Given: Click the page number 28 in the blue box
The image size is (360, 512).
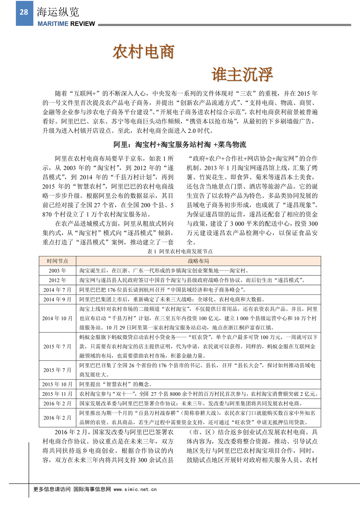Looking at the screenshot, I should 24,12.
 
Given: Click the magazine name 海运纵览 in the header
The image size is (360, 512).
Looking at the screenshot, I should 58,12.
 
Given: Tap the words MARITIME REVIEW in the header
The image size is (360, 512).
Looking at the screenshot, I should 66,24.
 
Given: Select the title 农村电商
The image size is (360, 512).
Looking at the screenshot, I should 143,52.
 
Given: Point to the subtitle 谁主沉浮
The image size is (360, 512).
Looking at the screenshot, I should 242,74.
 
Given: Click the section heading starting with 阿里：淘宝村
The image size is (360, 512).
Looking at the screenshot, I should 180,145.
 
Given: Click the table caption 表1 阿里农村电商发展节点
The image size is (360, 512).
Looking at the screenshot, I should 180,251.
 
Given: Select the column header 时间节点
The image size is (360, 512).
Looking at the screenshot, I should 57,261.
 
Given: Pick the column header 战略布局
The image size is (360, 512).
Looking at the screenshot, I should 198,261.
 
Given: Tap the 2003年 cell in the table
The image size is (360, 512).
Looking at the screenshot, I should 57,271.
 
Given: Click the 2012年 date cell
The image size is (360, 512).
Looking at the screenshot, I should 57,280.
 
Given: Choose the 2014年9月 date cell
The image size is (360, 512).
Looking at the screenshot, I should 57,299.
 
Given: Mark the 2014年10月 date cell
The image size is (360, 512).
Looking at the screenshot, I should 57,318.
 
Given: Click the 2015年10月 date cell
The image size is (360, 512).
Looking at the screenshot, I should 57,384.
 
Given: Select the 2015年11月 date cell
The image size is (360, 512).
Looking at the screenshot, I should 57,394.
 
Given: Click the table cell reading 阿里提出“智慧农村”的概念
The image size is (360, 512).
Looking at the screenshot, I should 115,384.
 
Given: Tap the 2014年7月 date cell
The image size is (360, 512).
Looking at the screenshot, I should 57,290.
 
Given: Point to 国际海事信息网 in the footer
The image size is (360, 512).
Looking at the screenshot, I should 92,489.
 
